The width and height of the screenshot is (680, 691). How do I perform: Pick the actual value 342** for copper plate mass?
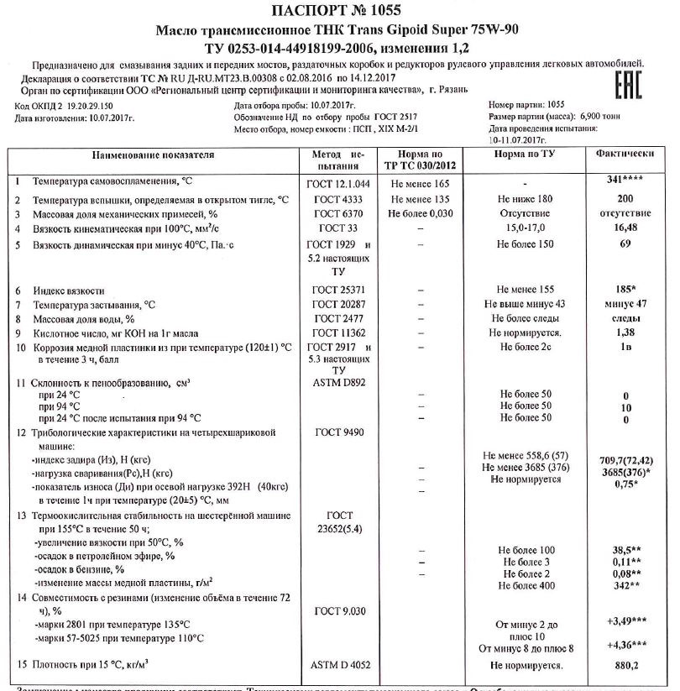point(624,585)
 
